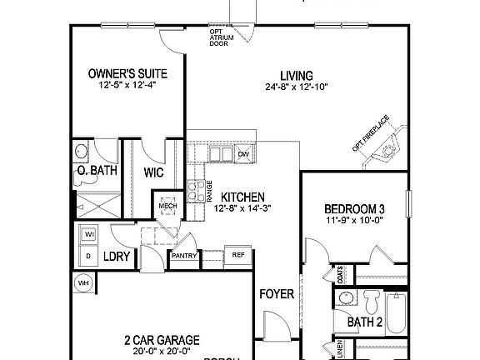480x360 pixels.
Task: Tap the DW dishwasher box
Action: pyautogui.click(x=244, y=154)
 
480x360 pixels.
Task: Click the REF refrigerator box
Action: pyautogui.click(x=237, y=256)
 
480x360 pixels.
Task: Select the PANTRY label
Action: pyautogui.click(x=183, y=256)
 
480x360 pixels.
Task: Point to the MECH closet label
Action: pyautogui.click(x=167, y=205)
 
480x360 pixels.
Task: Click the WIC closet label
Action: pyautogui.click(x=152, y=172)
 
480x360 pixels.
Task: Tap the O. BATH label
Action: pyautogui.click(x=96, y=172)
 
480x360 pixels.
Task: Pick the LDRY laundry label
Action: pyautogui.click(x=117, y=257)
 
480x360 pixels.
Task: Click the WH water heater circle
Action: pyautogui.click(x=83, y=283)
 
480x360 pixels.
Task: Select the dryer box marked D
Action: pyautogui.click(x=87, y=256)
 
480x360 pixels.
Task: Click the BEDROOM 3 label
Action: pyautogui.click(x=353, y=208)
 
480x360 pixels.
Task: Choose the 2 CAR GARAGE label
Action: pyautogui.click(x=162, y=339)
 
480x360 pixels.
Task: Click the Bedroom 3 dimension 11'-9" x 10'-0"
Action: pyautogui.click(x=353, y=221)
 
